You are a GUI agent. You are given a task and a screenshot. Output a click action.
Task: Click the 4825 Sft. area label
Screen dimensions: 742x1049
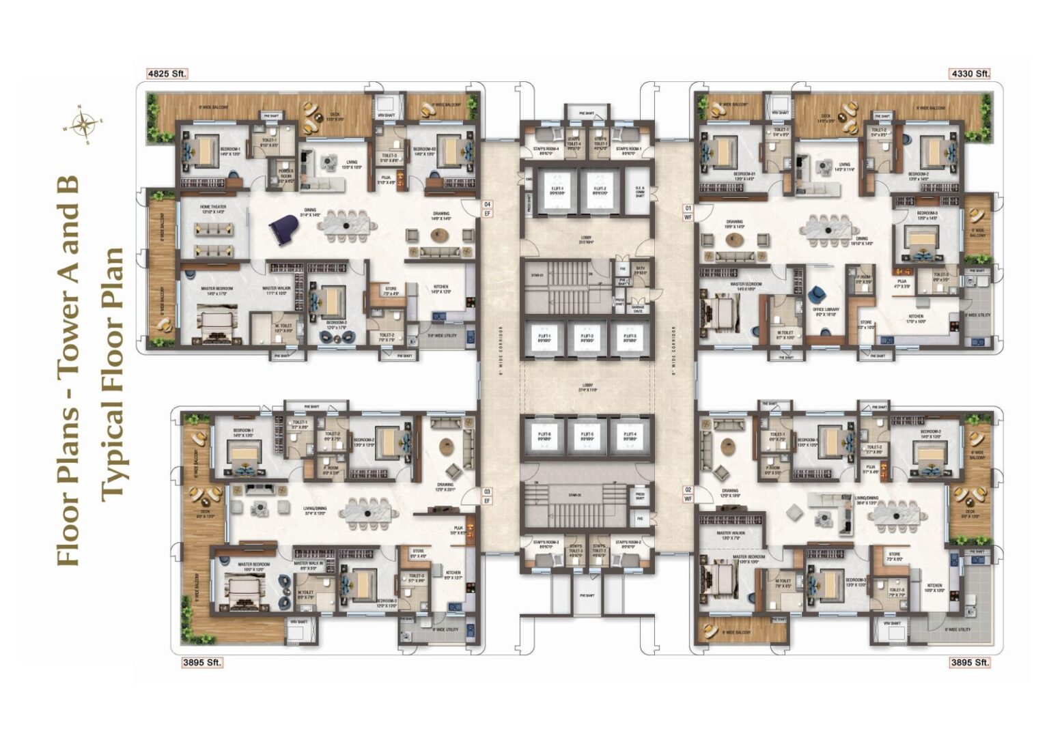click(167, 73)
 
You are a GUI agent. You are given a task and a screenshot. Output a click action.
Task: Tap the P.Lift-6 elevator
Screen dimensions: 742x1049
click(544, 437)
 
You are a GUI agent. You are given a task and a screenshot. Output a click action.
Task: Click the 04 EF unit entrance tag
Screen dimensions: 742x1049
click(487, 209)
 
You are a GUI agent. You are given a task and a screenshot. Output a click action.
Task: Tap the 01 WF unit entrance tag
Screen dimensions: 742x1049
click(688, 212)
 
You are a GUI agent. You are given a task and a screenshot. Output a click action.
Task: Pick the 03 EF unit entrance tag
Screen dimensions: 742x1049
click(487, 496)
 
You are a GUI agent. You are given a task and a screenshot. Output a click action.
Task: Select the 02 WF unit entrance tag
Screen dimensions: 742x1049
click(688, 494)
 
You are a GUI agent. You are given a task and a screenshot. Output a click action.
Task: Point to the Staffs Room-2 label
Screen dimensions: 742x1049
click(627, 543)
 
